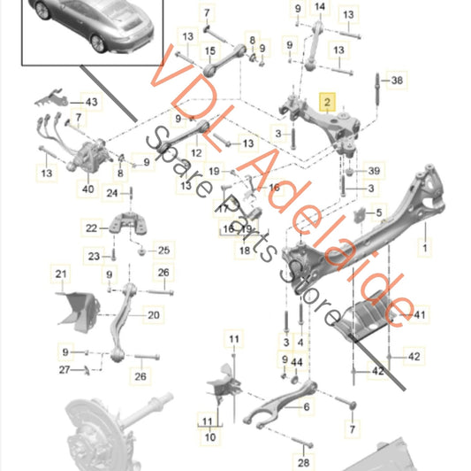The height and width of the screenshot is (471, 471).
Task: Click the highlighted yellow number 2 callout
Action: point(327,104)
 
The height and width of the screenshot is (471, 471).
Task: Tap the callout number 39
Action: point(374,171)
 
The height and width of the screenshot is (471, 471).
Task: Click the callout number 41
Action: point(419,314)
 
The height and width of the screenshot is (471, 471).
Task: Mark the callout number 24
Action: point(112,192)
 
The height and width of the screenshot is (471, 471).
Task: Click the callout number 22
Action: point(116,228)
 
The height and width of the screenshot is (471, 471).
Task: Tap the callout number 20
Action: point(154,314)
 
